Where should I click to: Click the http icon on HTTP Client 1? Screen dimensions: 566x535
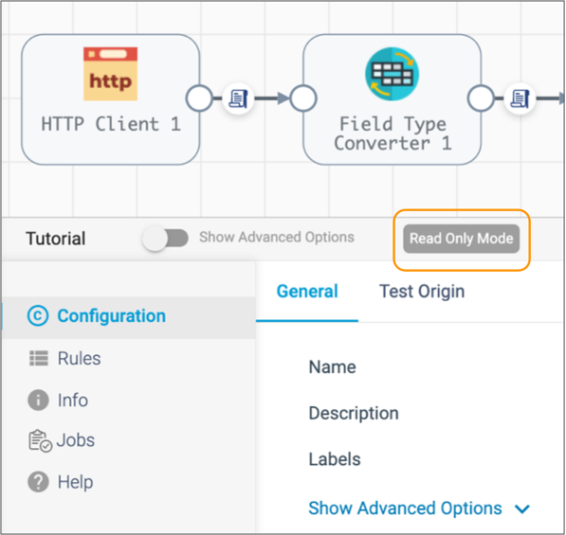click(x=111, y=74)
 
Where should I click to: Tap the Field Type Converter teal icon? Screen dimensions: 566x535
click(x=392, y=74)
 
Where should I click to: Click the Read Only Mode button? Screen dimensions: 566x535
click(x=462, y=239)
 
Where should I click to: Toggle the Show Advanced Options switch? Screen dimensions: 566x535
click(x=165, y=239)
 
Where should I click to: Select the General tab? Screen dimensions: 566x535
click(x=307, y=292)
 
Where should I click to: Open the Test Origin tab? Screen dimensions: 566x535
click(x=422, y=292)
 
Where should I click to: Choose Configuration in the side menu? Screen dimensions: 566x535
click(x=97, y=316)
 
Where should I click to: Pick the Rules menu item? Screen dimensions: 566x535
click(x=65, y=358)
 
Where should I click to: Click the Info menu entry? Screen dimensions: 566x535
click(x=58, y=401)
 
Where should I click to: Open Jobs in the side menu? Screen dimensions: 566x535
click(x=62, y=440)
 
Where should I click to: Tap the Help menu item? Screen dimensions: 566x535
click(x=61, y=482)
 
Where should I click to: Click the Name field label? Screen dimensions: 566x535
click(x=333, y=367)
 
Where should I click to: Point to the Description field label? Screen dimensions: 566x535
click(x=354, y=413)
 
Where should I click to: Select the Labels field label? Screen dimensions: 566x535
click(x=335, y=459)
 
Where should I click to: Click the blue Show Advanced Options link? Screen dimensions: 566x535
click(x=406, y=508)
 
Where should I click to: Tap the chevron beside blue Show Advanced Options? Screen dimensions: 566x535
click(x=522, y=509)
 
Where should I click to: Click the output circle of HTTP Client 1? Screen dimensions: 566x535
click(x=199, y=98)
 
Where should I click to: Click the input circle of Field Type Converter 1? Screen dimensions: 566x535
click(x=303, y=98)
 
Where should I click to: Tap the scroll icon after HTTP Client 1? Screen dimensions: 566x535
click(x=238, y=98)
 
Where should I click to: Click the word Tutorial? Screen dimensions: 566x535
click(x=56, y=239)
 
